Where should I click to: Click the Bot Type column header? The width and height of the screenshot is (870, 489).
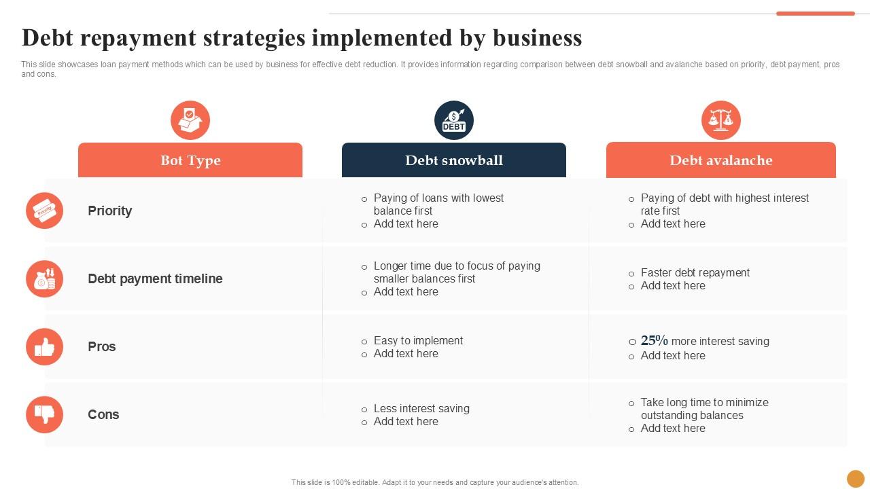[x=190, y=160]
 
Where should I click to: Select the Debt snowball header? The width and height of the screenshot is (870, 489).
[x=454, y=160]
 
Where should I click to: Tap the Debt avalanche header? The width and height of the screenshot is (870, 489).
[x=720, y=160]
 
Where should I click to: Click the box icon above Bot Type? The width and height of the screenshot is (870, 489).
[x=190, y=120]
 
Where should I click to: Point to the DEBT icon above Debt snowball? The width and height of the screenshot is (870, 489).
[x=454, y=120]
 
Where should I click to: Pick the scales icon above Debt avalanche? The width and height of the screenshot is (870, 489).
[x=721, y=120]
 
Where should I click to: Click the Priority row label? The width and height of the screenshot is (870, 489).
[x=110, y=211]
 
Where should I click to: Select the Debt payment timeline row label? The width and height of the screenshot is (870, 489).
[x=155, y=278]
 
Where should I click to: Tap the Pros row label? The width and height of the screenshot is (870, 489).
[x=102, y=346]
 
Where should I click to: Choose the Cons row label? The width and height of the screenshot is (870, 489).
[x=103, y=414]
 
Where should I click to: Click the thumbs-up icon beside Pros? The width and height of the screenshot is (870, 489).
[x=45, y=347]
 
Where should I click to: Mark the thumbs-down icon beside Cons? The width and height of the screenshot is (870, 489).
[x=45, y=414]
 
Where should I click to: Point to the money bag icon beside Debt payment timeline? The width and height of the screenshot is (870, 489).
[x=45, y=278]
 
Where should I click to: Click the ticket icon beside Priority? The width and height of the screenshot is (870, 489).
[x=45, y=211]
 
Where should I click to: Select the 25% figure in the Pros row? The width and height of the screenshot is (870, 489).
[x=655, y=341]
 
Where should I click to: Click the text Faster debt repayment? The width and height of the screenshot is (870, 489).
[x=695, y=272]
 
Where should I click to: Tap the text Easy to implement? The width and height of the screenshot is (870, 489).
[x=418, y=340]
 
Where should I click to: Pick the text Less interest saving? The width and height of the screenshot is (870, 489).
[x=421, y=408]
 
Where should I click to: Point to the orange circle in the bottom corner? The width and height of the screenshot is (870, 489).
[x=856, y=479]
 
